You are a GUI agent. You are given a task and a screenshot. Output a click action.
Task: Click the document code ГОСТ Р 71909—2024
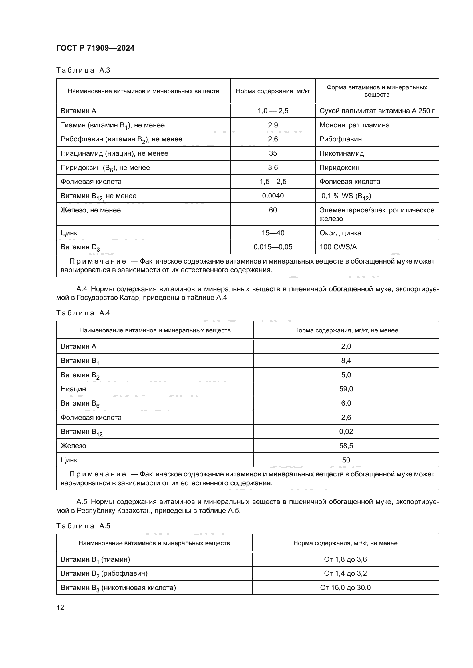[95, 48]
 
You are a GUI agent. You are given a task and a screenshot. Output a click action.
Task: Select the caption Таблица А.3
[83, 70]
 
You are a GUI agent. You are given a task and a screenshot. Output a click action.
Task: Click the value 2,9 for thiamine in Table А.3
[273, 125]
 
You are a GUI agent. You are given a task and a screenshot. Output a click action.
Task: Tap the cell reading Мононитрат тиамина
[354, 125]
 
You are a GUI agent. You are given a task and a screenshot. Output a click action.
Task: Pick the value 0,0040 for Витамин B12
[273, 196]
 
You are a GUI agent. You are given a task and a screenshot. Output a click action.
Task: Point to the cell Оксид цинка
[340, 233]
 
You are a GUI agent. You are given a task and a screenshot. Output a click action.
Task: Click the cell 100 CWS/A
[338, 247]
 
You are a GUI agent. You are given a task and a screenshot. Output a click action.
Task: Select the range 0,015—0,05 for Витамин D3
[273, 247]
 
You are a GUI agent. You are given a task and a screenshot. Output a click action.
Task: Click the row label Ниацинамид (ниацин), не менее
[114, 153]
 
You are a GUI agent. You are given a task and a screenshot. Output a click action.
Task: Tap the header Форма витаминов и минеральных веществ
[377, 91]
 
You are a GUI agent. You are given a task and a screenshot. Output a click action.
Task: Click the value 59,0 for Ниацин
[346, 389]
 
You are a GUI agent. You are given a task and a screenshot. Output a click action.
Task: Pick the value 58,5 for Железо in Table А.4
[346, 446]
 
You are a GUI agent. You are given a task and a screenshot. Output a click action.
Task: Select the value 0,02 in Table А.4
[346, 431]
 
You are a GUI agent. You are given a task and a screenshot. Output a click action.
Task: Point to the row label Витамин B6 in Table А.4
[80, 403]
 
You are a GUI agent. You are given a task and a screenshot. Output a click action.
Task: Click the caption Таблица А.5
[83, 526]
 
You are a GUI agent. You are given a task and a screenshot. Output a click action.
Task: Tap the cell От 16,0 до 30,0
[345, 588]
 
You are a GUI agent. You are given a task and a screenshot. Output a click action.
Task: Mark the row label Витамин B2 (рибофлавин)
[104, 573]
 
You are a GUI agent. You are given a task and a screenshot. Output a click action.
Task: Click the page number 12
[60, 607]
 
